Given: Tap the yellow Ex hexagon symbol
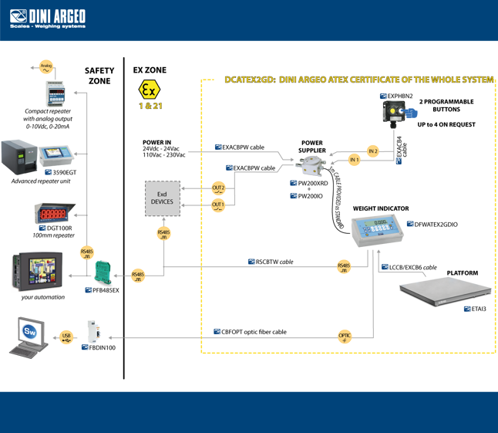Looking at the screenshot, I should pos(149,88).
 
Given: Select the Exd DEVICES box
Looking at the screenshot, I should pos(163,197).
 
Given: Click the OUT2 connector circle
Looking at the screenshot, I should pos(218,188).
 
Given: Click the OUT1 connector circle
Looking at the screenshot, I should pos(218,205).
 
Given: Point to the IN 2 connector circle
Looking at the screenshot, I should pos(373,151).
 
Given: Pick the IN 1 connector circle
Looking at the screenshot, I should pos(354,161).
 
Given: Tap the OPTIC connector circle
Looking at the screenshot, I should pos(345,336).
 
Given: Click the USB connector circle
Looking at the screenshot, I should pos(66,337).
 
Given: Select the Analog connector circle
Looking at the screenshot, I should pos(45,68).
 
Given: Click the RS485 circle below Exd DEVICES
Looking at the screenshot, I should pos(163,233).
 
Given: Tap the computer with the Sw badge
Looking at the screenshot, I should pos(29,337).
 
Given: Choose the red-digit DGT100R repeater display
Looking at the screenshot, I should pos(53,211).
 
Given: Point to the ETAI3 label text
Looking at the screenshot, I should pos(479,309).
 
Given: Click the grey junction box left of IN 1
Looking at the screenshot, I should pos(313,163).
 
